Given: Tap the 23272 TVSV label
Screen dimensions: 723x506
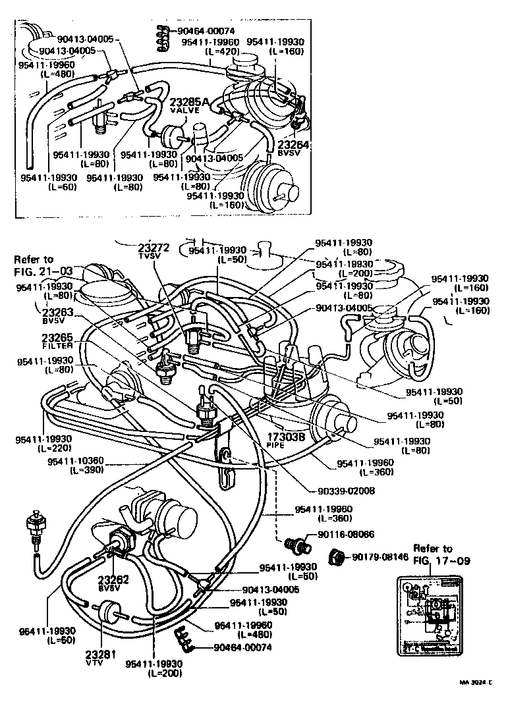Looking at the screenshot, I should coord(154,248).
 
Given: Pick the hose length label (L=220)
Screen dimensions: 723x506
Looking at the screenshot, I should coord(43,448).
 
